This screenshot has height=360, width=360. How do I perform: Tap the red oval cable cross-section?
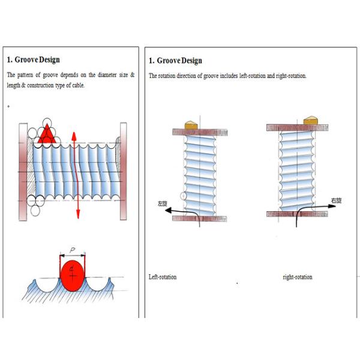[x=73, y=275]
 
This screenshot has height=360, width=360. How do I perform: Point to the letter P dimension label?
[x=73, y=250]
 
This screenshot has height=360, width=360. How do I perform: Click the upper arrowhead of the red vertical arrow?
[x=74, y=136]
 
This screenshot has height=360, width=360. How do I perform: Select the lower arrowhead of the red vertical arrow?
[x=78, y=214]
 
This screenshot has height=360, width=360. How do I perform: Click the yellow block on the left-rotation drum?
[x=191, y=125]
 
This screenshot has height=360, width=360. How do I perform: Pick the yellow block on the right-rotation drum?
[x=311, y=121]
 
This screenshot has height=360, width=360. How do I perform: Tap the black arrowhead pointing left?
[x=169, y=210]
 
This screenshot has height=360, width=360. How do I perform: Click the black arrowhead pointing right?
[x=332, y=206]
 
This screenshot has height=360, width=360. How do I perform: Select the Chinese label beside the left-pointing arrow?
[x=163, y=203]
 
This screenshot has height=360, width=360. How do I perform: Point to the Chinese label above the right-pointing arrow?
[x=336, y=200]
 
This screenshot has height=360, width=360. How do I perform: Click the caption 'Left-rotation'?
[x=163, y=277]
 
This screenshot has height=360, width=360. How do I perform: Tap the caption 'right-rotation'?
[x=298, y=277]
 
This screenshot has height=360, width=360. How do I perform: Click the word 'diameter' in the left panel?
[x=107, y=75]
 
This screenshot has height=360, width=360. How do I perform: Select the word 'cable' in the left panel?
[x=79, y=85]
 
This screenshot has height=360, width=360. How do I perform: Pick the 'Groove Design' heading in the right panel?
[x=179, y=61]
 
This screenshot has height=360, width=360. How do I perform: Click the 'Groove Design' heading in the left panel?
[x=37, y=59]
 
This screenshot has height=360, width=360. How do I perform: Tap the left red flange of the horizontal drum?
[x=23, y=172]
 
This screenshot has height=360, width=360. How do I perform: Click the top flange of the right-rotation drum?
[x=298, y=128]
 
